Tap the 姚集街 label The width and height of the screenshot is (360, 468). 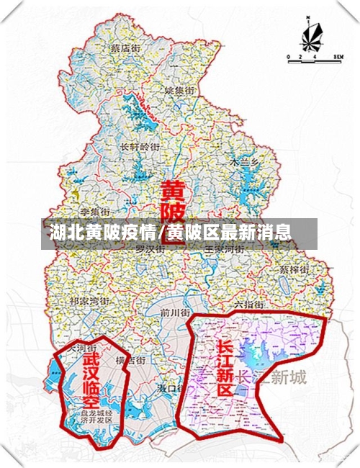coord(179,91)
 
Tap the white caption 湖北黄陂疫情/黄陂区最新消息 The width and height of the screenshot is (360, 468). coord(170,233)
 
